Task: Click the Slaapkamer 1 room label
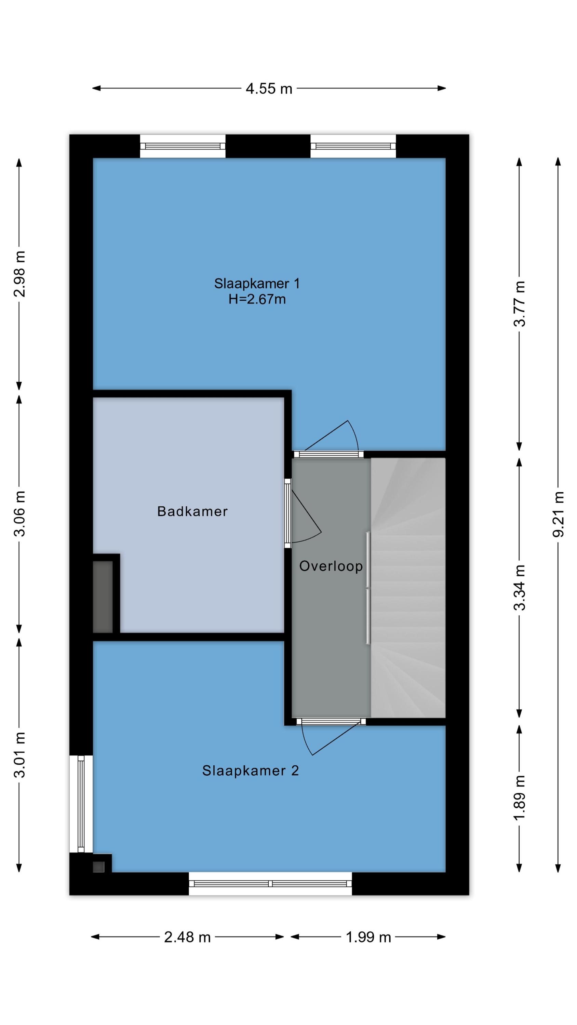click(257, 283)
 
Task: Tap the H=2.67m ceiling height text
click(257, 299)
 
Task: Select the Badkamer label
click(192, 511)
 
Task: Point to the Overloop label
click(331, 566)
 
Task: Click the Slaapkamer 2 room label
click(251, 770)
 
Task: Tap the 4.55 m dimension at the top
click(269, 88)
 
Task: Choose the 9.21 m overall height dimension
click(558, 514)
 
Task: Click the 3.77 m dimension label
click(519, 304)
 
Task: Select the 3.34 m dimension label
click(519, 587)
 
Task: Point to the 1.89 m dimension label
click(519, 798)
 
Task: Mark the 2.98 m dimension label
click(19, 274)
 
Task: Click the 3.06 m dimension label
click(19, 513)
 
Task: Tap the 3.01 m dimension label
click(19, 754)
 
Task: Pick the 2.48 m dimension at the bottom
click(187, 937)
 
